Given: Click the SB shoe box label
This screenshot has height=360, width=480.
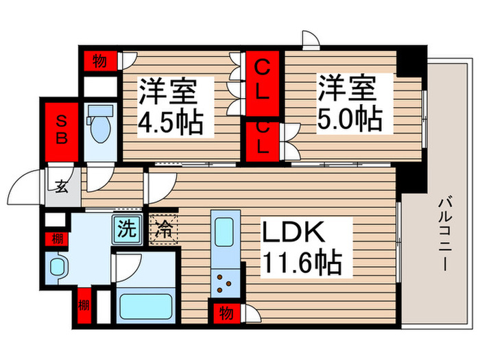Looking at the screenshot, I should point(62,128).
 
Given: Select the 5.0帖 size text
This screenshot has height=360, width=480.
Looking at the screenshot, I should point(349,119).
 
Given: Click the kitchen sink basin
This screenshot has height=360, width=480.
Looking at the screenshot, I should point(225,233).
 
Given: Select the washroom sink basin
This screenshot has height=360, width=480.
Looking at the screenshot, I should point(58,267).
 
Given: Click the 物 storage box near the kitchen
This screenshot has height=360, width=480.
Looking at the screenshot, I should point(226,313).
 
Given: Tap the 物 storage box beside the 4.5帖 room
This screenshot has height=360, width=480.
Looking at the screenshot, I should point(99,61).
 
